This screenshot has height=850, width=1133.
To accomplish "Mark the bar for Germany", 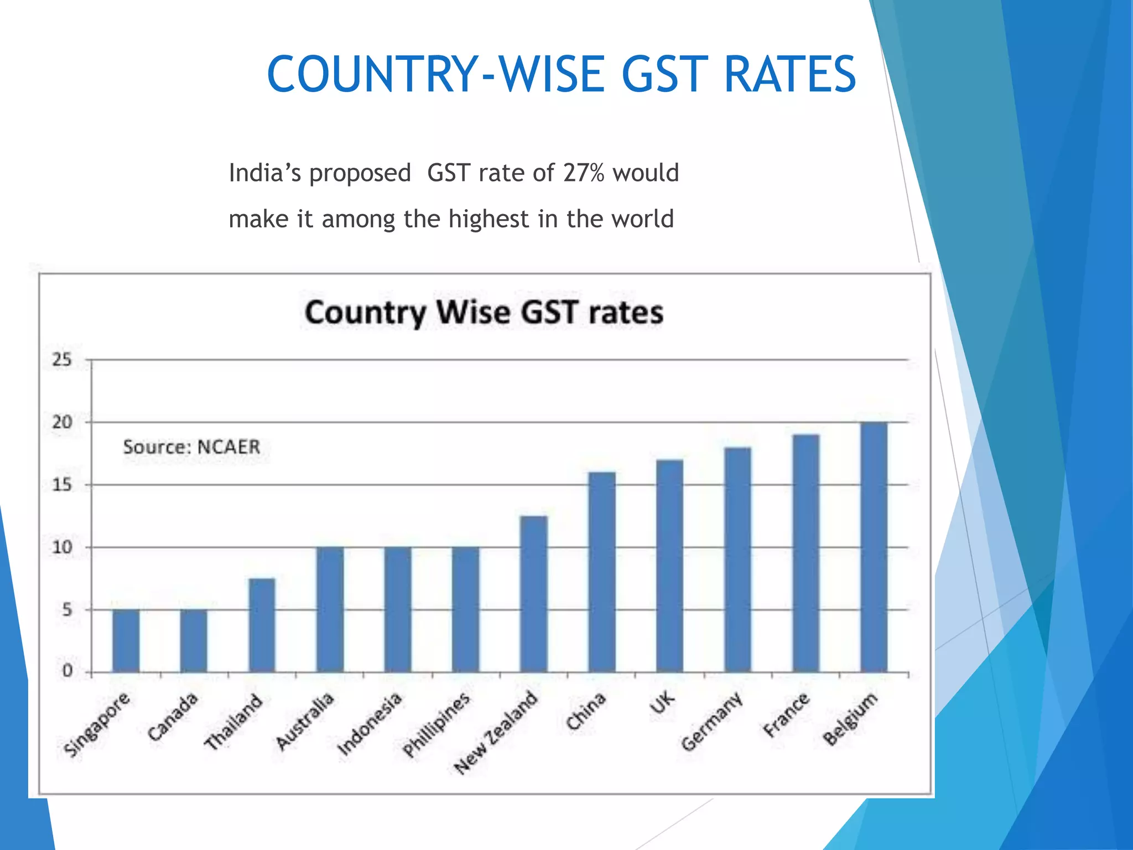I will point(738,559).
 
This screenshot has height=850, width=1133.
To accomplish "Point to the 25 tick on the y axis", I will point(62,360).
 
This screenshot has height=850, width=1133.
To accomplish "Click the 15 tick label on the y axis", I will point(62,485).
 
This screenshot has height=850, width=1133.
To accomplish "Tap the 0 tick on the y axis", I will point(67,672).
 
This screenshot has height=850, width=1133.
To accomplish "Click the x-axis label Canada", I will point(173,717).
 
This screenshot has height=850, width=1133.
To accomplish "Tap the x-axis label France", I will point(786,714).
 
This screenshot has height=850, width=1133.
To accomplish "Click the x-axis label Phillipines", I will point(436,724).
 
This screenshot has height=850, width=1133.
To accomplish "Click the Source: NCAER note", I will point(191,447).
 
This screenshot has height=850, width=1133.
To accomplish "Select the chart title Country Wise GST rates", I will point(484,313).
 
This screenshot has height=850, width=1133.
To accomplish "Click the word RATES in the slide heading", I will point(790,75).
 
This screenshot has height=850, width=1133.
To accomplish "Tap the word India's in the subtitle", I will point(264,173).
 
